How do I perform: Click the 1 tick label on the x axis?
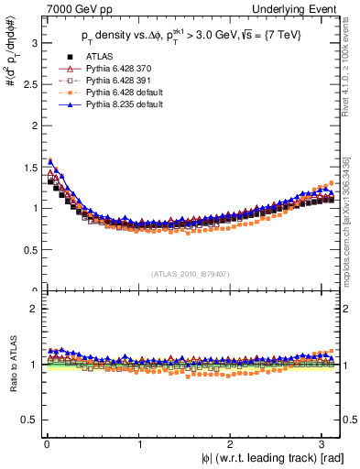[140, 444]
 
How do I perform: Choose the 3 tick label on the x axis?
[325, 444]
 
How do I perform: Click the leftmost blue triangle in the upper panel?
[49, 162]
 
